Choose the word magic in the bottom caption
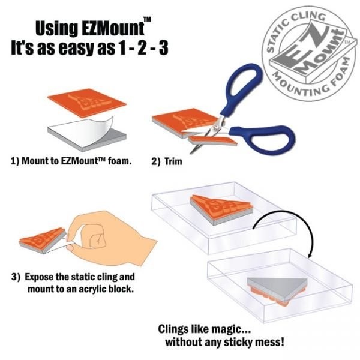[x=223, y=329]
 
